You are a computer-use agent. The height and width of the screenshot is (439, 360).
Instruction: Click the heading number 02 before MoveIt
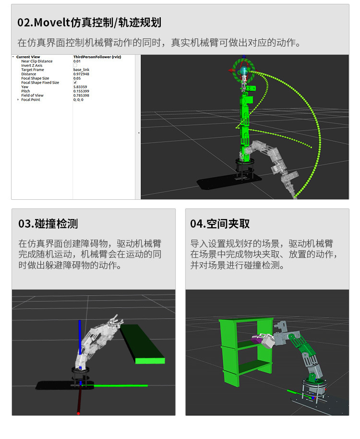(x=24, y=23)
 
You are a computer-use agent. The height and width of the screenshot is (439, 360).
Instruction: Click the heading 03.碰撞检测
(x=48, y=224)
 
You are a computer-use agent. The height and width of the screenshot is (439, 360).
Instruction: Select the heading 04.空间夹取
(x=220, y=224)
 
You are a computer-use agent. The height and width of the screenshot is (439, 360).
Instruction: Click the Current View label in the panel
(x=28, y=57)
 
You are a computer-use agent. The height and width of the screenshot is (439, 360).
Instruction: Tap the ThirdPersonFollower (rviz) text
(x=96, y=57)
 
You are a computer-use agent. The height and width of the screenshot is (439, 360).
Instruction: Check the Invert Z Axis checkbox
(x=75, y=66)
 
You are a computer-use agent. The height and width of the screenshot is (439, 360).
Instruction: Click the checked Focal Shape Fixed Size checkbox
(x=75, y=83)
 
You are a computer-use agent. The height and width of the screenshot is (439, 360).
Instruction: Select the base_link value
(x=81, y=70)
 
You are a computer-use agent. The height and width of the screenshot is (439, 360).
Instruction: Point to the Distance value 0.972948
(x=82, y=74)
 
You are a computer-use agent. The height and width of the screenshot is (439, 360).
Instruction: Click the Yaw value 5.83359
(x=81, y=87)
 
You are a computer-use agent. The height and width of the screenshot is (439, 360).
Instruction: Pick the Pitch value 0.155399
(x=82, y=91)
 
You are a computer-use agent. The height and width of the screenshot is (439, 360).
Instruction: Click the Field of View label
(x=32, y=96)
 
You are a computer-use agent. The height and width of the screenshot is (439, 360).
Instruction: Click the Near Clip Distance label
(x=37, y=61)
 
